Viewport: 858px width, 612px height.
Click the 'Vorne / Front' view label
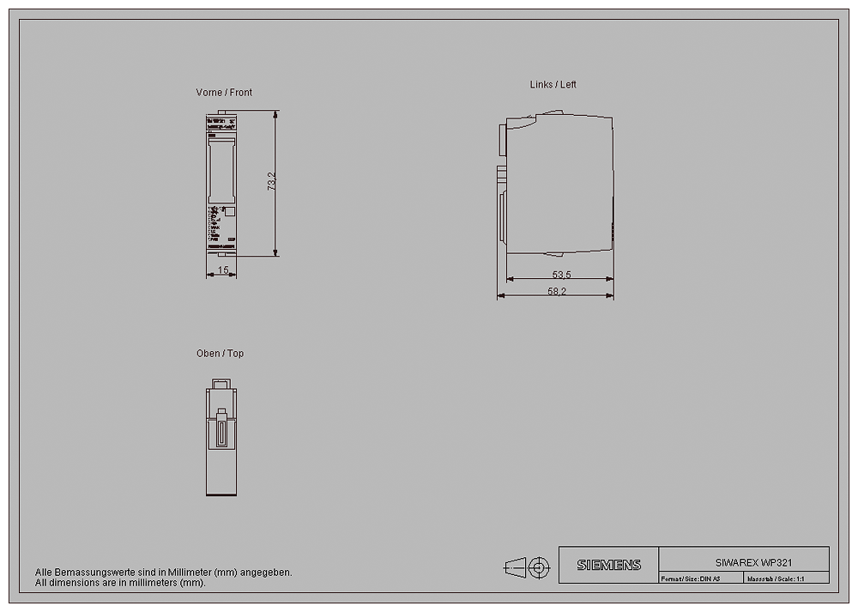pyautogui.click(x=224, y=92)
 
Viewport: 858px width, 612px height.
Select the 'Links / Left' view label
pyautogui.click(x=553, y=84)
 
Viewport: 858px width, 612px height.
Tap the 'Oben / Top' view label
pyautogui.click(x=220, y=353)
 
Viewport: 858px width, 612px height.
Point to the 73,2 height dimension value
pyautogui.click(x=271, y=182)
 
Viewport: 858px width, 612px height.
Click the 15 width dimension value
pyautogui.click(x=222, y=270)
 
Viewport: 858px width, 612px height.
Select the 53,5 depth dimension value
pyautogui.click(x=561, y=275)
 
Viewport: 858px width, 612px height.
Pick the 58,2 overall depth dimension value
pyautogui.click(x=557, y=291)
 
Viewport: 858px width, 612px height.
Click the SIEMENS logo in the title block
pyautogui.click(x=608, y=565)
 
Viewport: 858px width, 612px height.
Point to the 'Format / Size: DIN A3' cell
pyautogui.click(x=691, y=579)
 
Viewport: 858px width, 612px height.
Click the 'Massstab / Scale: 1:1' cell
pyautogui.click(x=775, y=579)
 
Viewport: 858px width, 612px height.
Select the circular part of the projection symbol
pyautogui.click(x=538, y=567)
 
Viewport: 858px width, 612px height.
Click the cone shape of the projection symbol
pyautogui.click(x=514, y=567)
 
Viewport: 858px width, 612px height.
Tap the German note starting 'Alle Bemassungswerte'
pyautogui.click(x=163, y=572)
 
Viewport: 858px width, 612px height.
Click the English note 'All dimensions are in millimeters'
pyautogui.click(x=120, y=582)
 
